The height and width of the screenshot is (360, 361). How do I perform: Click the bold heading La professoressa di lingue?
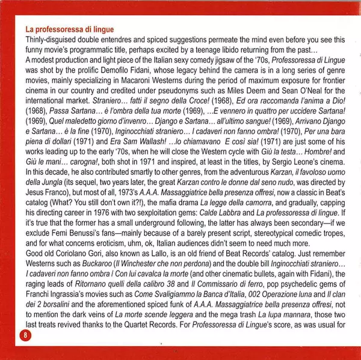pos(69,28)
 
